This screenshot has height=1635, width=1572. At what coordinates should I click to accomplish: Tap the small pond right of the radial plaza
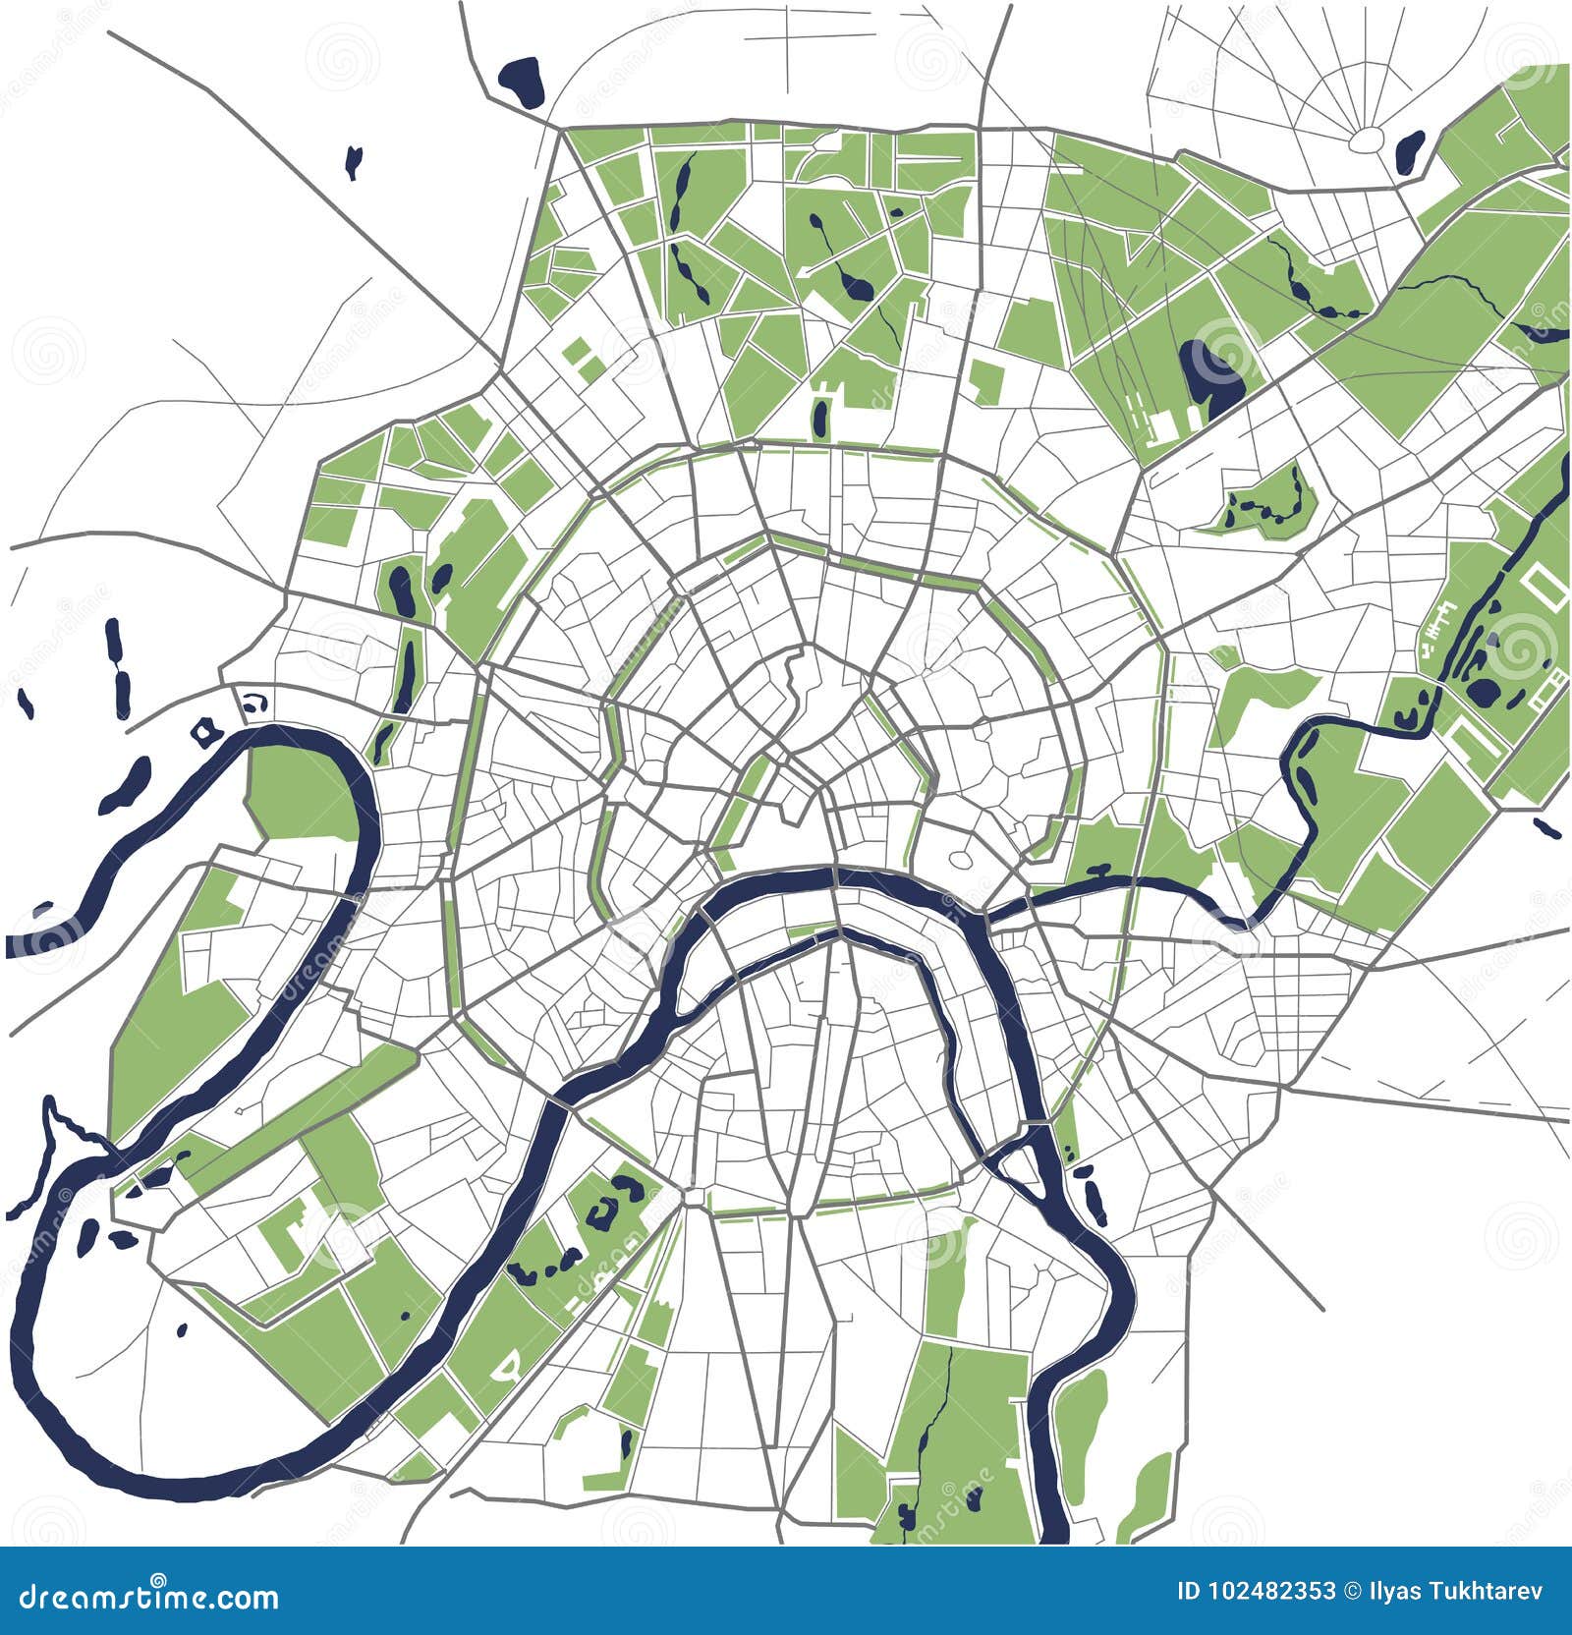[1411, 150]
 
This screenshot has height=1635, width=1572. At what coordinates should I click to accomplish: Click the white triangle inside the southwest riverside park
[508, 1366]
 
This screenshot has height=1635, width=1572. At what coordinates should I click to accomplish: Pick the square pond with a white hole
[203, 731]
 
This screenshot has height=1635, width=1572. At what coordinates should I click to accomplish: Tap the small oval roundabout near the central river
[960, 860]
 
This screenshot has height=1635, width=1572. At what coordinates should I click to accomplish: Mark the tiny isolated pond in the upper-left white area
[354, 162]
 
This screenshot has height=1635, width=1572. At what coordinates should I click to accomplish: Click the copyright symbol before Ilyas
[1351, 1591]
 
